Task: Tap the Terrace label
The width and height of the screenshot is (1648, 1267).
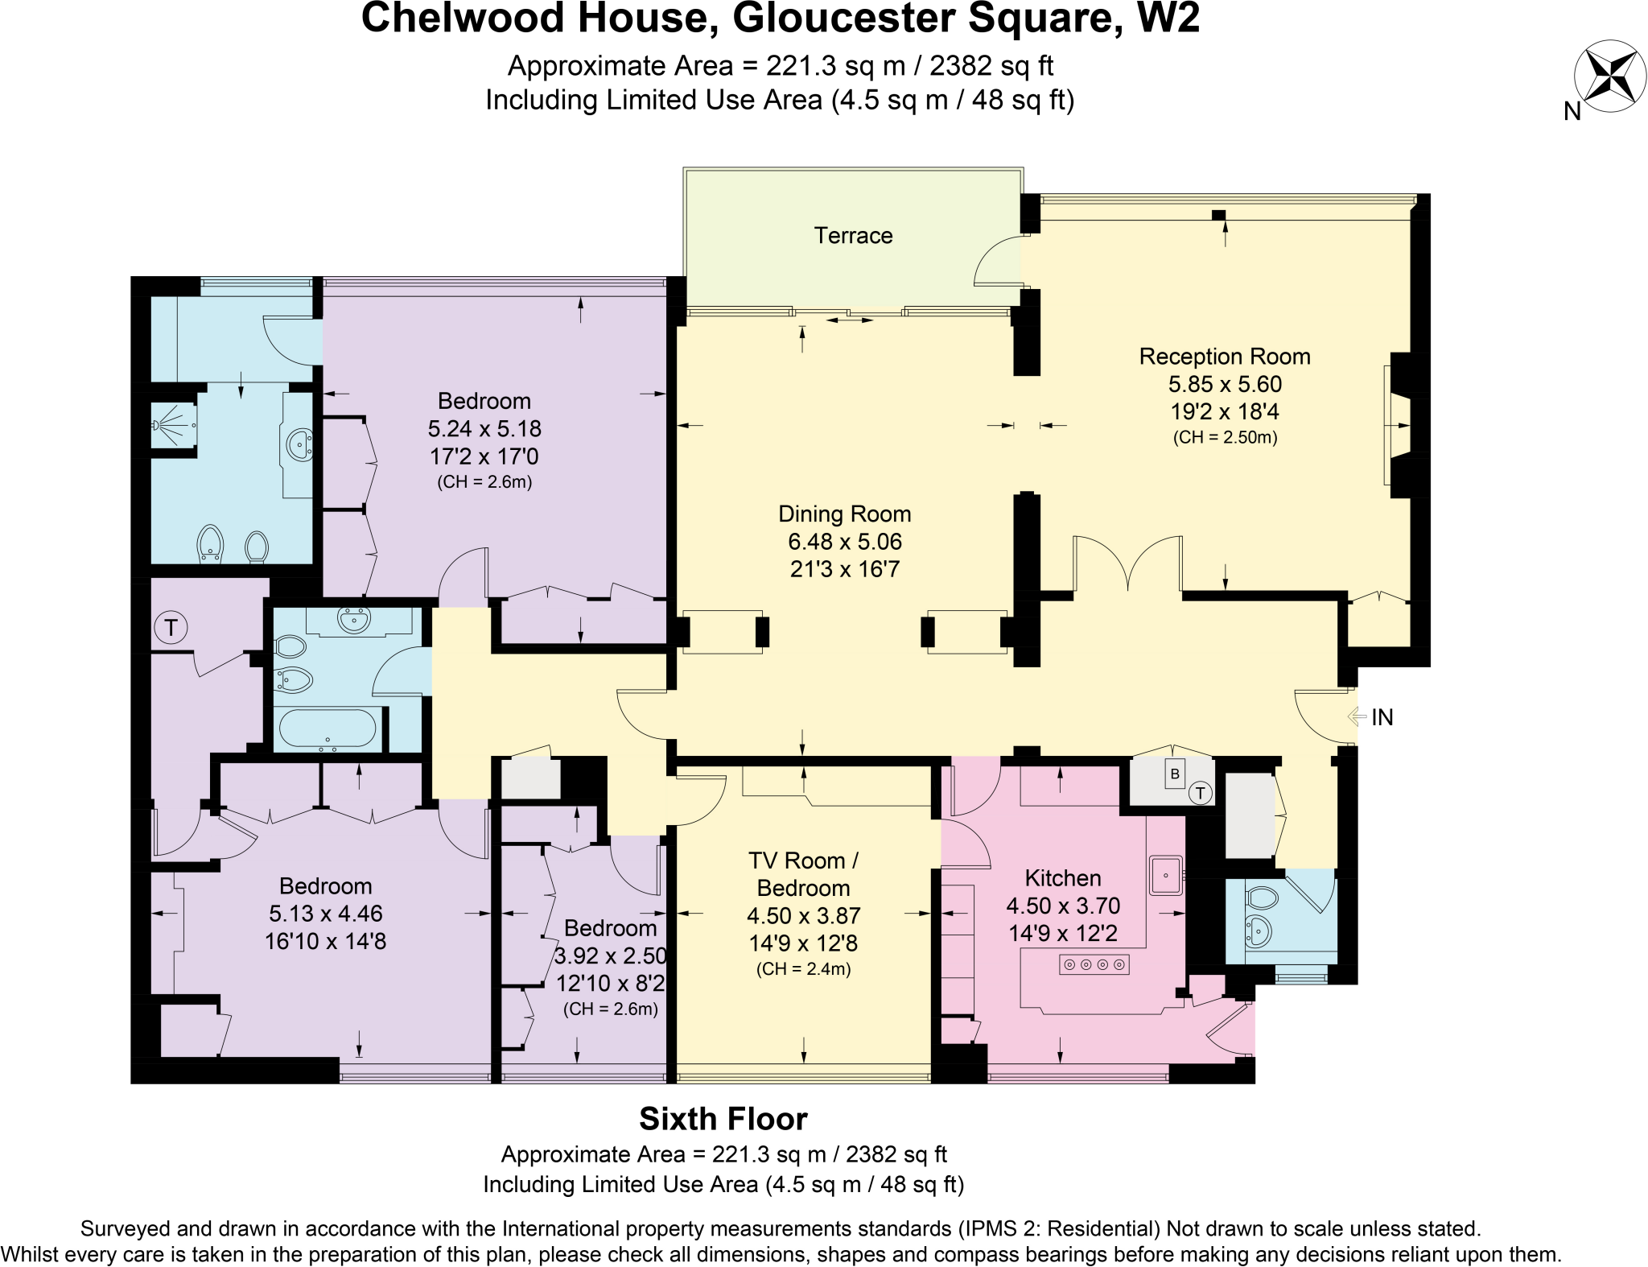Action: [853, 235]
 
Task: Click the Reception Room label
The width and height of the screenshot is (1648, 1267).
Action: [1224, 357]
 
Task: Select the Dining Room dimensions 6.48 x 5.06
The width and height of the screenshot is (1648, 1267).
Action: [844, 541]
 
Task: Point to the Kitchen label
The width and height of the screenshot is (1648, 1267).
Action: [1062, 877]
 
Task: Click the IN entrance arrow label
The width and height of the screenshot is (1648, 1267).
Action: [1381, 717]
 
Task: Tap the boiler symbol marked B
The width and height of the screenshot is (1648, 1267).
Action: [1174, 774]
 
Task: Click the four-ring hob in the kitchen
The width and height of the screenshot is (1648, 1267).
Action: [1094, 964]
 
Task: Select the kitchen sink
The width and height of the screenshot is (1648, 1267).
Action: [1165, 875]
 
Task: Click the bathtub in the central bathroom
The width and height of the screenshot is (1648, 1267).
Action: [327, 729]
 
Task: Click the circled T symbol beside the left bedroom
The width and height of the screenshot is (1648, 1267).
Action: [171, 627]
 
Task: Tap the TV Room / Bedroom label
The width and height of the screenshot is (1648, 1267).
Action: [802, 874]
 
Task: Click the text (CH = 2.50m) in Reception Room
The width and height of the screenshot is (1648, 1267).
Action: [1224, 438]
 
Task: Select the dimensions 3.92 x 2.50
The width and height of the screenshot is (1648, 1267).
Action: [610, 955]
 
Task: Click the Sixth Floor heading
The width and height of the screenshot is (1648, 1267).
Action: [723, 1119]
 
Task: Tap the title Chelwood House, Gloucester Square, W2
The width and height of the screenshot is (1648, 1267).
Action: [780, 18]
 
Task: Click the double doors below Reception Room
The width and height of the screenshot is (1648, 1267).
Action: [1128, 564]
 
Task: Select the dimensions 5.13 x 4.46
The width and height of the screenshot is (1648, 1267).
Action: [325, 914]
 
